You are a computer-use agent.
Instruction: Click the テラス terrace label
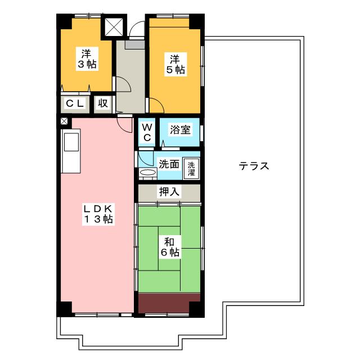coord(254,166)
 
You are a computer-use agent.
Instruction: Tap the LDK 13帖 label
coord(98,214)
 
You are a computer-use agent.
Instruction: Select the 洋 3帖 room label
coord(87,58)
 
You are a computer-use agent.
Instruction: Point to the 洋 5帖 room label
coord(175,64)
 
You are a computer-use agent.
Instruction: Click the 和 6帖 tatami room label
coord(170,247)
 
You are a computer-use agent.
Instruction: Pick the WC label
coord(147,132)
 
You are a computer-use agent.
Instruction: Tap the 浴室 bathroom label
coord(180,130)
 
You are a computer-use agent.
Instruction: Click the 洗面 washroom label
coord(169,164)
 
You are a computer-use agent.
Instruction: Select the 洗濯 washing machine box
coord(191,169)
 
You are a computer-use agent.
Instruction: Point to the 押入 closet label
coord(169,192)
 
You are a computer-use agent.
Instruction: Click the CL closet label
coord(75,103)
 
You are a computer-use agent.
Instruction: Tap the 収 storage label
coord(103,103)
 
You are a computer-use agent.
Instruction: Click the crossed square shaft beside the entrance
coord(114,27)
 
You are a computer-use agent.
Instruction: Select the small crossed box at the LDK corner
coord(64,121)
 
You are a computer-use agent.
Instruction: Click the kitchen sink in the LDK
coord(71,142)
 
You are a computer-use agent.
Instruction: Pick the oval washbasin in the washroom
coord(147,172)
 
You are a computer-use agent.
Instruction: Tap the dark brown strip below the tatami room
coord(169,303)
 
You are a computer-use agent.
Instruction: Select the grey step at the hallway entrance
coord(135,44)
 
